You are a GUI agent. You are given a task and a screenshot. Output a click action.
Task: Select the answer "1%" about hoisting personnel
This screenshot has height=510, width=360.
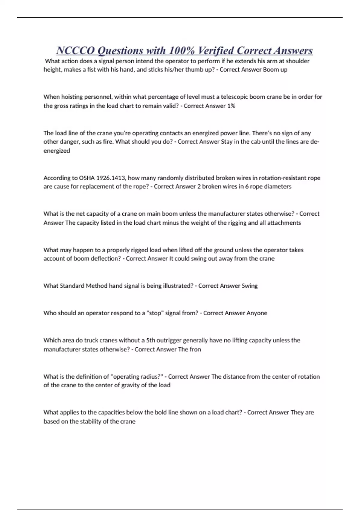(x=231, y=106)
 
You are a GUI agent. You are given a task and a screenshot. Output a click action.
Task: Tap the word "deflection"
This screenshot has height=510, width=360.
(x=105, y=259)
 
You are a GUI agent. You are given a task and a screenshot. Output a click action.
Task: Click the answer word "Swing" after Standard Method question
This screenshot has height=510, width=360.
(x=250, y=286)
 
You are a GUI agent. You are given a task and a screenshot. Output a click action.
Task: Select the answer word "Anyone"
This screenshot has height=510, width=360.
(x=257, y=313)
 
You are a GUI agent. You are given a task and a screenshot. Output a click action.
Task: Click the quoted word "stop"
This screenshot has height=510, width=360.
(x=155, y=313)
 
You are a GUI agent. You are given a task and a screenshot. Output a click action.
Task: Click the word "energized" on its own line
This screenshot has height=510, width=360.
(x=57, y=151)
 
